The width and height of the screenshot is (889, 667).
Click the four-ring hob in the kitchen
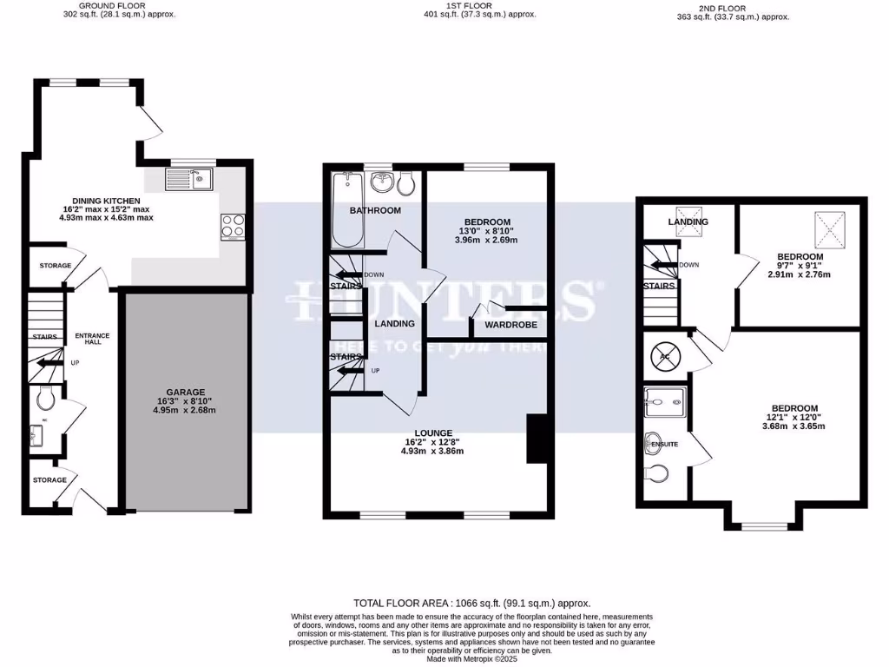pyautogui.click(x=233, y=226)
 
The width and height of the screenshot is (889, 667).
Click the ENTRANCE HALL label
pyautogui.click(x=91, y=338)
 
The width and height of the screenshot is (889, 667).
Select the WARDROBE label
pyautogui.click(x=510, y=325)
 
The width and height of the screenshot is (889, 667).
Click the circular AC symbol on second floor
pyautogui.click(x=664, y=356)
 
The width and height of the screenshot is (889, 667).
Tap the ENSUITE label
pyautogui.click(x=664, y=444)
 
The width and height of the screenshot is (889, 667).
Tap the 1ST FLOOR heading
pyautogui.click(x=470, y=5)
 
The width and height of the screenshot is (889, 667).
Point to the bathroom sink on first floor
pyautogui.click(x=381, y=183)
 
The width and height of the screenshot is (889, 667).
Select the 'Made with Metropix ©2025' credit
pyautogui.click(x=471, y=658)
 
